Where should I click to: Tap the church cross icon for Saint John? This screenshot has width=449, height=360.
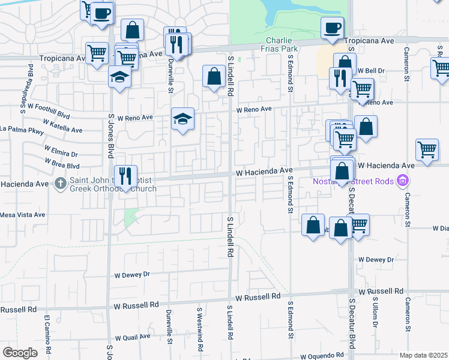click(60, 183)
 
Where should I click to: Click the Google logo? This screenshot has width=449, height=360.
click(20, 353)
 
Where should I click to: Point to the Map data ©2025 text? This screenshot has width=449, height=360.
click(423, 355)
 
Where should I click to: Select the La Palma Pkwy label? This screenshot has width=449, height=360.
click(22, 128)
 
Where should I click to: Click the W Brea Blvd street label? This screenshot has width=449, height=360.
click(62, 163)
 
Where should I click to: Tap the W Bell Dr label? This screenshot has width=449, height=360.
click(368, 70)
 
